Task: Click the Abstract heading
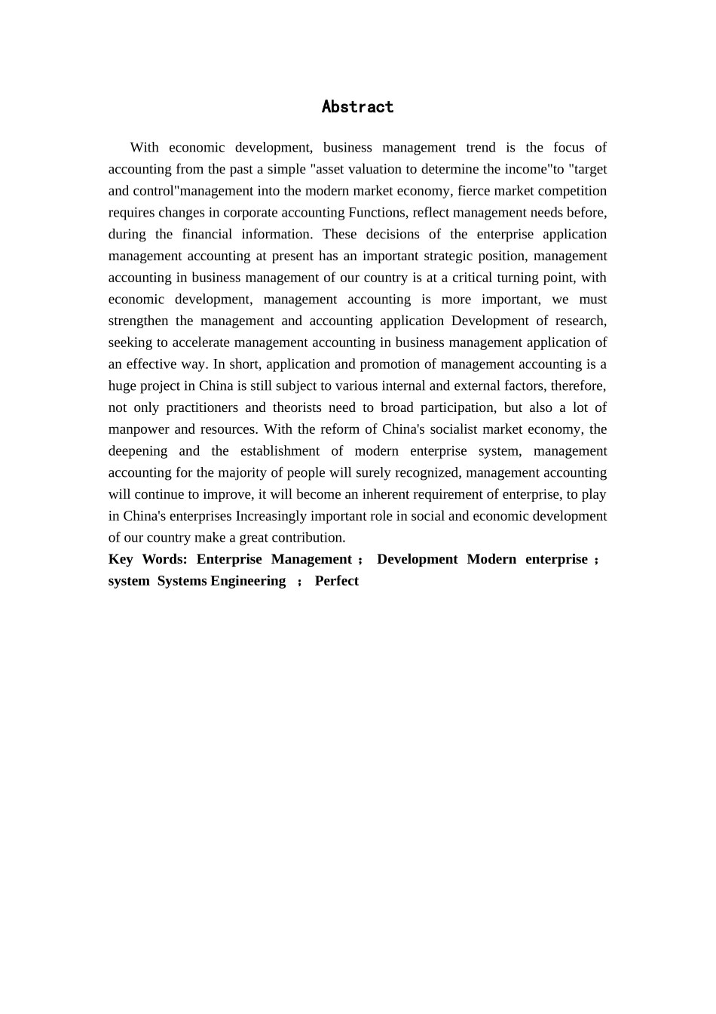357,107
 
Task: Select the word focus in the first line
569,147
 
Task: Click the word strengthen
139,321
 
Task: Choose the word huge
122,386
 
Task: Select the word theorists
297,407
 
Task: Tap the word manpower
139,429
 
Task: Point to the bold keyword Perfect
336,581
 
